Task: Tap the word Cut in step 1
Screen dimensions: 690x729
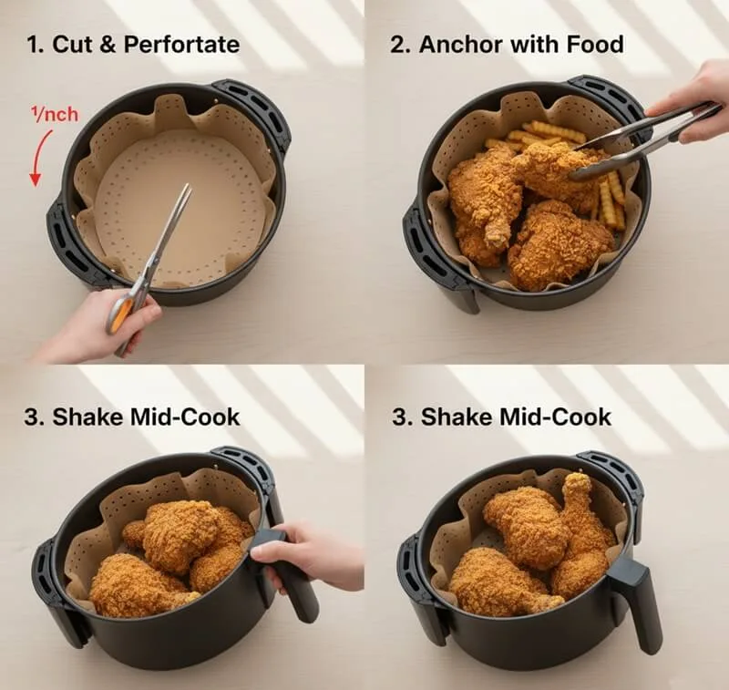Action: click(x=68, y=45)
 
